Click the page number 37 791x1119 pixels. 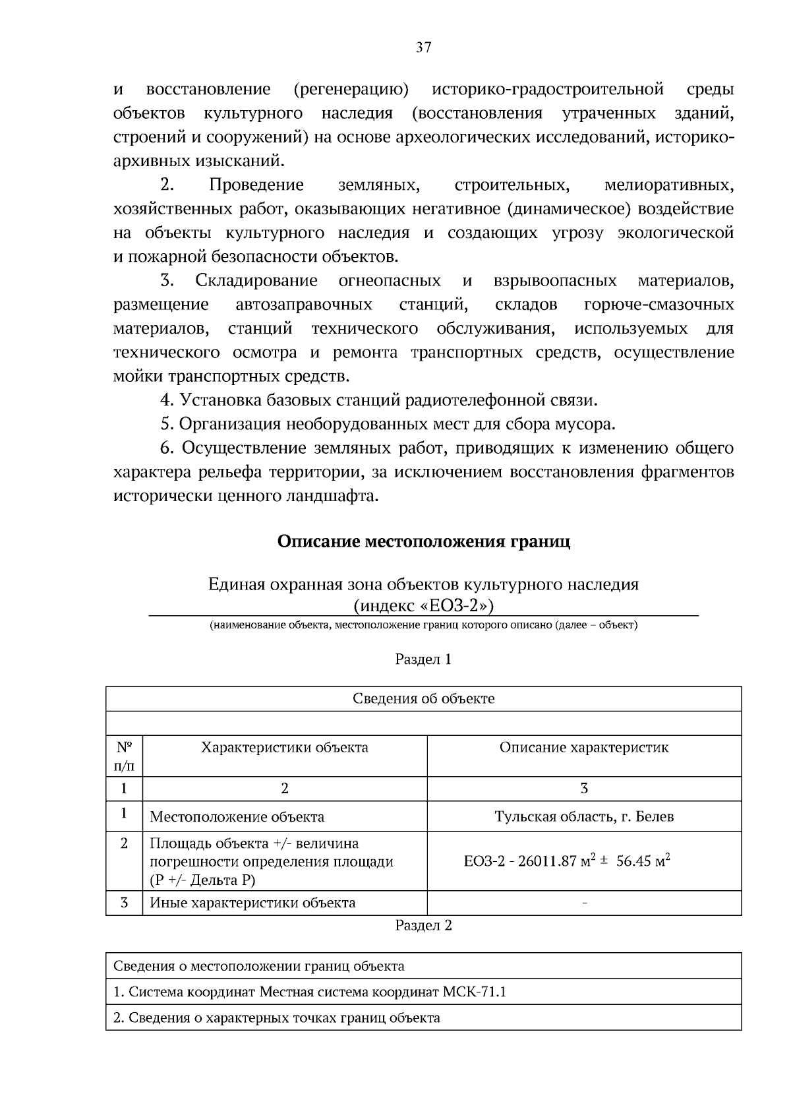(x=423, y=47)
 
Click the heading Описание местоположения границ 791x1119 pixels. (x=423, y=541)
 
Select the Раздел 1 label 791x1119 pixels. (x=423, y=659)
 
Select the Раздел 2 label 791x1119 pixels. (x=423, y=925)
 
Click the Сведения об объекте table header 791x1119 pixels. (x=423, y=698)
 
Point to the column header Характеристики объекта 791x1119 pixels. (x=284, y=747)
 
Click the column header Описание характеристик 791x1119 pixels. (x=583, y=747)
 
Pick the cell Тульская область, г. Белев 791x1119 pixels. (x=583, y=816)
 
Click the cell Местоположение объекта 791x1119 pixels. (x=237, y=817)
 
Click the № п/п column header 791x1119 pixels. (x=124, y=756)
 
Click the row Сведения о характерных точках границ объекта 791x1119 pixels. (x=277, y=1017)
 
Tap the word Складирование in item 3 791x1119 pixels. (x=256, y=281)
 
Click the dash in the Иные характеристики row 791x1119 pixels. (x=584, y=903)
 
